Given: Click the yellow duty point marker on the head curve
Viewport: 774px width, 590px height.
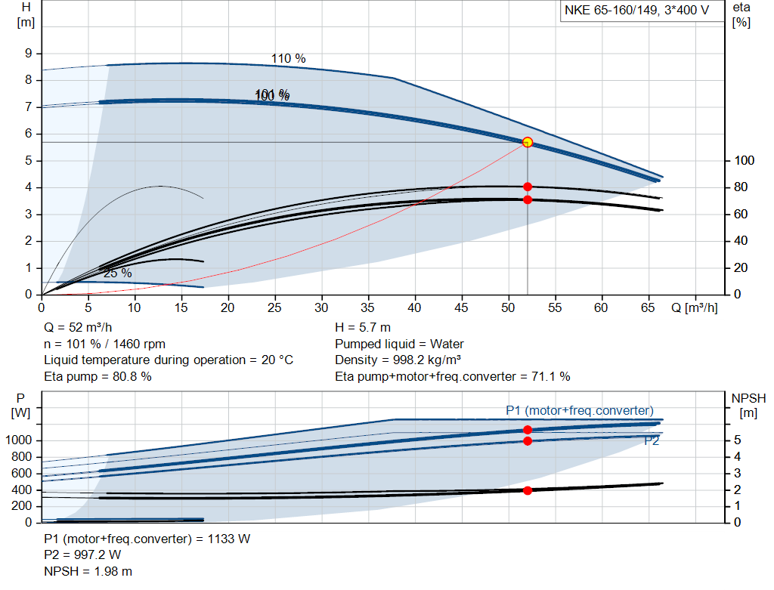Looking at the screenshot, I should coord(528,142).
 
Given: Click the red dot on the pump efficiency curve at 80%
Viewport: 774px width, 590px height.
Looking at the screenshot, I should coord(528,187).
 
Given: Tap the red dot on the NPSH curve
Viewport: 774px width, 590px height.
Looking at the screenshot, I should coord(528,490).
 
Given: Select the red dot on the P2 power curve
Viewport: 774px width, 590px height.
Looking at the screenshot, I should coord(528,440).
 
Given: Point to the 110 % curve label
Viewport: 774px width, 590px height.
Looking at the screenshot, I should coord(289,59).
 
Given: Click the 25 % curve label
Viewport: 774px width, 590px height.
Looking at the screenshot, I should coord(117,273).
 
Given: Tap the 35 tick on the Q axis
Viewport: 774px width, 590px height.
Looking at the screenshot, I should coord(368,308).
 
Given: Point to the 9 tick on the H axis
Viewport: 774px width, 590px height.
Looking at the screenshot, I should coord(28,54).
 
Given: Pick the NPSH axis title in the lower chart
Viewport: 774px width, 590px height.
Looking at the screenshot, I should coord(748,405).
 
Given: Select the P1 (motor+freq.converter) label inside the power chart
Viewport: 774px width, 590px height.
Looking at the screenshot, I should coord(579,410).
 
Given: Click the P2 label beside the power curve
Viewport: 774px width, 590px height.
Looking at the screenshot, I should coord(651,441).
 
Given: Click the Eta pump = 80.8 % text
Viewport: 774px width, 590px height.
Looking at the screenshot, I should coord(98,376).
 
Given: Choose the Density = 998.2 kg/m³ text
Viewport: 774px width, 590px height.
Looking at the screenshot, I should coord(398,360).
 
